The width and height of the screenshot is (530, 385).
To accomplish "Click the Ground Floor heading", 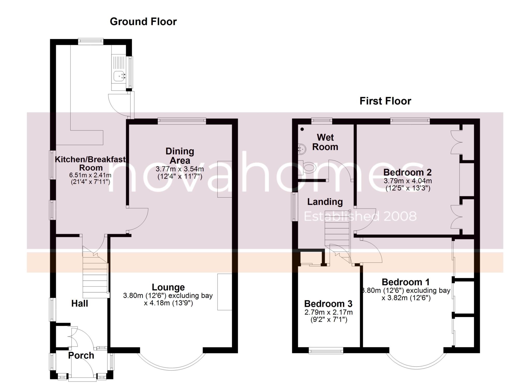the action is pyautogui.click(x=143, y=22).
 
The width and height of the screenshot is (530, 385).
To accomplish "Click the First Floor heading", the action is pyautogui.click(x=385, y=101).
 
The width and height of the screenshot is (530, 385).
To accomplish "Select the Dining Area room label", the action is pyautogui.click(x=180, y=156).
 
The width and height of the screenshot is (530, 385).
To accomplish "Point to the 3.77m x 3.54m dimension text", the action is pyautogui.click(x=180, y=169).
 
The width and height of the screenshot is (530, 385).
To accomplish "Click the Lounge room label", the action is pyautogui.click(x=168, y=287).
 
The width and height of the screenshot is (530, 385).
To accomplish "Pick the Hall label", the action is pyautogui.click(x=80, y=303).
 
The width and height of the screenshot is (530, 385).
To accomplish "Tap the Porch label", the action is pyautogui.click(x=81, y=356).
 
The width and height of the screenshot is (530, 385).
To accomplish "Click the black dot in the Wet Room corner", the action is pyautogui.click(x=302, y=129).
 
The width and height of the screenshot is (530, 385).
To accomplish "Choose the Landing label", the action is pyautogui.click(x=325, y=202).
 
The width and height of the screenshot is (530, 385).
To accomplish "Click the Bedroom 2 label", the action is pyautogui.click(x=408, y=172).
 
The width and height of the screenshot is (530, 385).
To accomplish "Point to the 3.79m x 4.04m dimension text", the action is pyautogui.click(x=408, y=181).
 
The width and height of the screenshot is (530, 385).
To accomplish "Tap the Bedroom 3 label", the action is pyautogui.click(x=328, y=304).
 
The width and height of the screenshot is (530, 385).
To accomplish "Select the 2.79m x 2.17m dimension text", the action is pyautogui.click(x=328, y=312).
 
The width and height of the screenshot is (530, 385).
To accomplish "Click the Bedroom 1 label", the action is pyautogui.click(x=406, y=282).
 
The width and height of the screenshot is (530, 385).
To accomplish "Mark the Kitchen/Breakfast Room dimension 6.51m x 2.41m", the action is pyautogui.click(x=90, y=175).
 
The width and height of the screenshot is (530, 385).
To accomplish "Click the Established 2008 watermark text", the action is pyautogui.click(x=360, y=216).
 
